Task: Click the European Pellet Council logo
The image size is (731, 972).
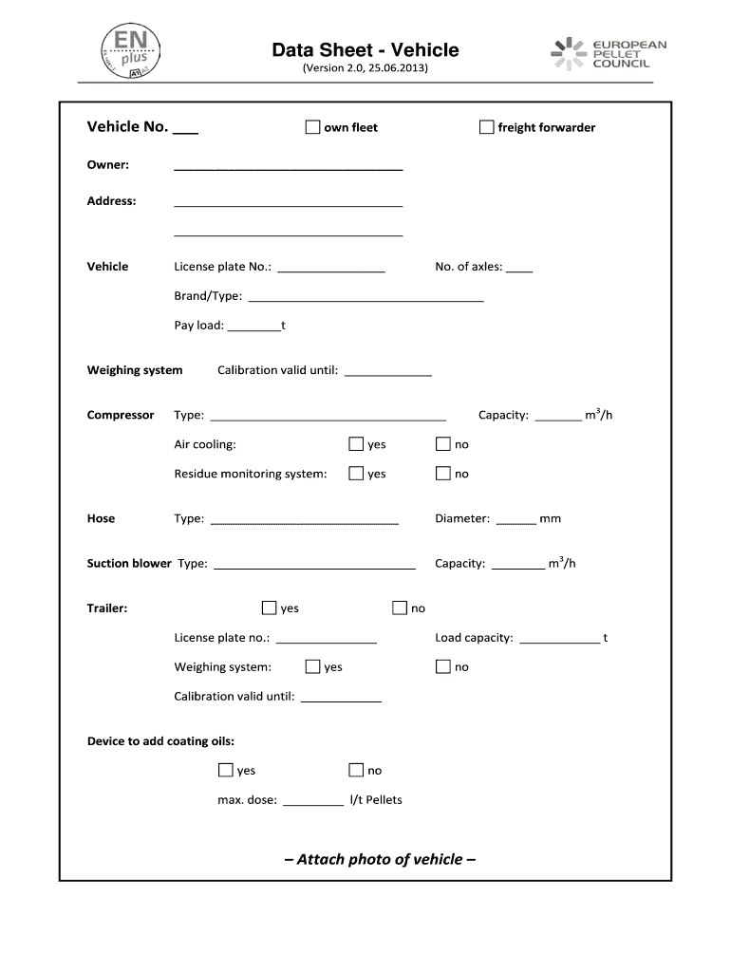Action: (x=609, y=54)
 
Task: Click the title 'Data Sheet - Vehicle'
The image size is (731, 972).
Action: (x=365, y=50)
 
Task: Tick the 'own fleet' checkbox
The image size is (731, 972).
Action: (x=312, y=127)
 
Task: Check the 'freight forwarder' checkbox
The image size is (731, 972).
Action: (x=486, y=127)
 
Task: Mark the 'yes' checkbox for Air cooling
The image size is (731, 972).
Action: (x=356, y=443)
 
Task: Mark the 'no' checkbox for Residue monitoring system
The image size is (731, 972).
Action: (x=442, y=473)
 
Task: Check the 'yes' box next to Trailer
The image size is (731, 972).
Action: (x=269, y=607)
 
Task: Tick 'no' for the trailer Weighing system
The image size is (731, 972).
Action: (x=442, y=666)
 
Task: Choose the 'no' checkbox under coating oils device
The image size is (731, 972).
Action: (x=356, y=770)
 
